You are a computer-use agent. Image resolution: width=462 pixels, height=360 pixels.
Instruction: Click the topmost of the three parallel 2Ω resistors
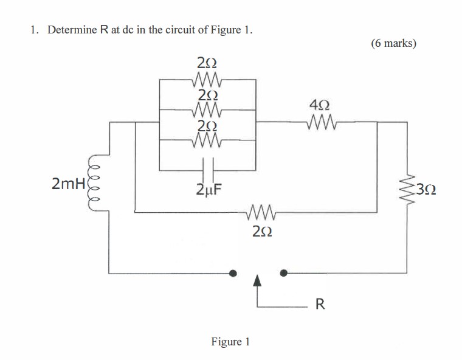pyautogui.click(x=208, y=78)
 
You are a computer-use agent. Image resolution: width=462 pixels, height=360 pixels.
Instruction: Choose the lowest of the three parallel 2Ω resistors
pyautogui.click(x=208, y=142)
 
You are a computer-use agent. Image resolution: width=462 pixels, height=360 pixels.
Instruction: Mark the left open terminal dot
pyautogui.click(x=232, y=273)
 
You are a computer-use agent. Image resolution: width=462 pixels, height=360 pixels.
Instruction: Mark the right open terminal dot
pyautogui.click(x=283, y=273)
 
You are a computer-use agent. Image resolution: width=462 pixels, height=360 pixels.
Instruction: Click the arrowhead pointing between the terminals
pyautogui.click(x=257, y=281)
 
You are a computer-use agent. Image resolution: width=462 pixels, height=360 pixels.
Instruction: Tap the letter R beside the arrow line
pyautogui.click(x=320, y=304)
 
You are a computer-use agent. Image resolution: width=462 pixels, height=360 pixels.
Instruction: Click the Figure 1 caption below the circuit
pyautogui.click(x=230, y=342)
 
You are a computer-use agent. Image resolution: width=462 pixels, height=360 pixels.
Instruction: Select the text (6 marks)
pyautogui.click(x=393, y=44)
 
